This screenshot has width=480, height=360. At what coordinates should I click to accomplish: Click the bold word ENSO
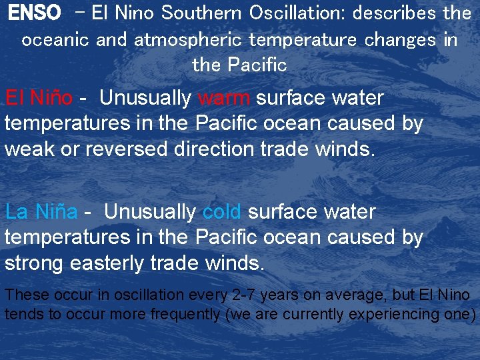[34, 13]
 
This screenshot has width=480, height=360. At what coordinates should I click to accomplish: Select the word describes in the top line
[395, 13]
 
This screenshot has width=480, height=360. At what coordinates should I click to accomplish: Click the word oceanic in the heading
[55, 39]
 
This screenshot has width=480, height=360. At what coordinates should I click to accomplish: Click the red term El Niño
[39, 98]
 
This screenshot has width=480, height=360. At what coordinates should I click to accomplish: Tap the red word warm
[224, 98]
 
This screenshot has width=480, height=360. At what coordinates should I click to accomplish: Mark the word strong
[37, 263]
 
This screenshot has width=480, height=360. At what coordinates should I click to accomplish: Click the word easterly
[111, 263]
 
